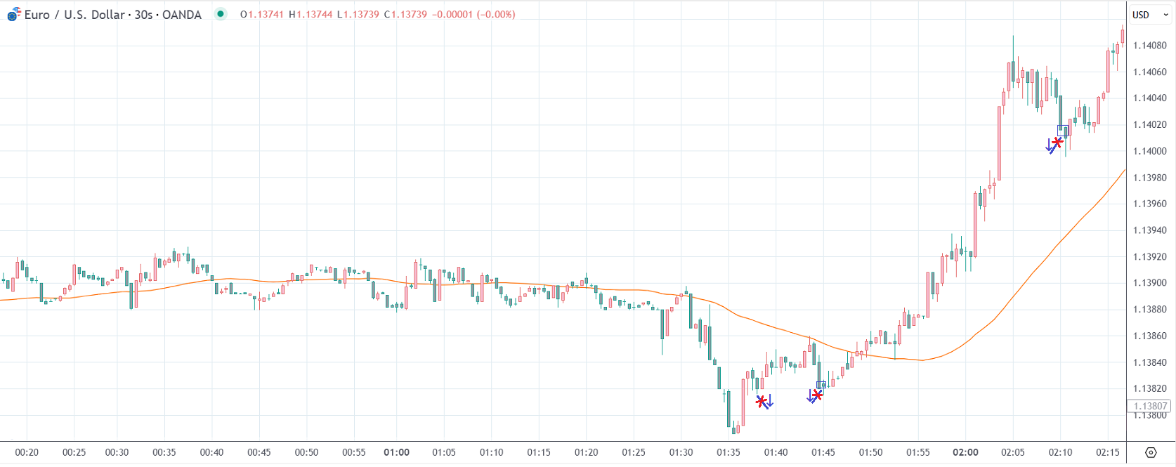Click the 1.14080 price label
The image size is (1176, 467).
[x=1149, y=46]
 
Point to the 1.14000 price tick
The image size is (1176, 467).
[x=1149, y=151]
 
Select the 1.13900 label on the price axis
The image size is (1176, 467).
[x=1149, y=283]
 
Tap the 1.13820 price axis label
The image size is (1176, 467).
[x=1149, y=388]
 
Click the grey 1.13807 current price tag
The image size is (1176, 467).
[x=1149, y=406]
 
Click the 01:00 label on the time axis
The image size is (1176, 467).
[x=396, y=452]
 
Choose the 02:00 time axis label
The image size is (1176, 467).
[x=965, y=452]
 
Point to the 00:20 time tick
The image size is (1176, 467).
[x=27, y=452]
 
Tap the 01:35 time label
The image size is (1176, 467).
[x=729, y=452]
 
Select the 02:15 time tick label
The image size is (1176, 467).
[x=1108, y=452]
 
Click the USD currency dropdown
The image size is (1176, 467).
[x=1150, y=15]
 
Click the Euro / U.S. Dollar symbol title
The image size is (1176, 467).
[x=112, y=15]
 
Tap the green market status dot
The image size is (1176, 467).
[x=221, y=14]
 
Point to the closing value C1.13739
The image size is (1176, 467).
[x=405, y=15]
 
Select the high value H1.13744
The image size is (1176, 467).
[x=311, y=15]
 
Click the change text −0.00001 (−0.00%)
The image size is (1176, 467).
[x=474, y=15]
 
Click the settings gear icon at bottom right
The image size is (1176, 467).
[x=1151, y=452]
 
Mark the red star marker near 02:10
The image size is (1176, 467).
[x=1057, y=143]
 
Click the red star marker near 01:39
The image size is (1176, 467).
[x=761, y=401]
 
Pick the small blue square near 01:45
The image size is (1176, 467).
[x=821, y=385]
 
